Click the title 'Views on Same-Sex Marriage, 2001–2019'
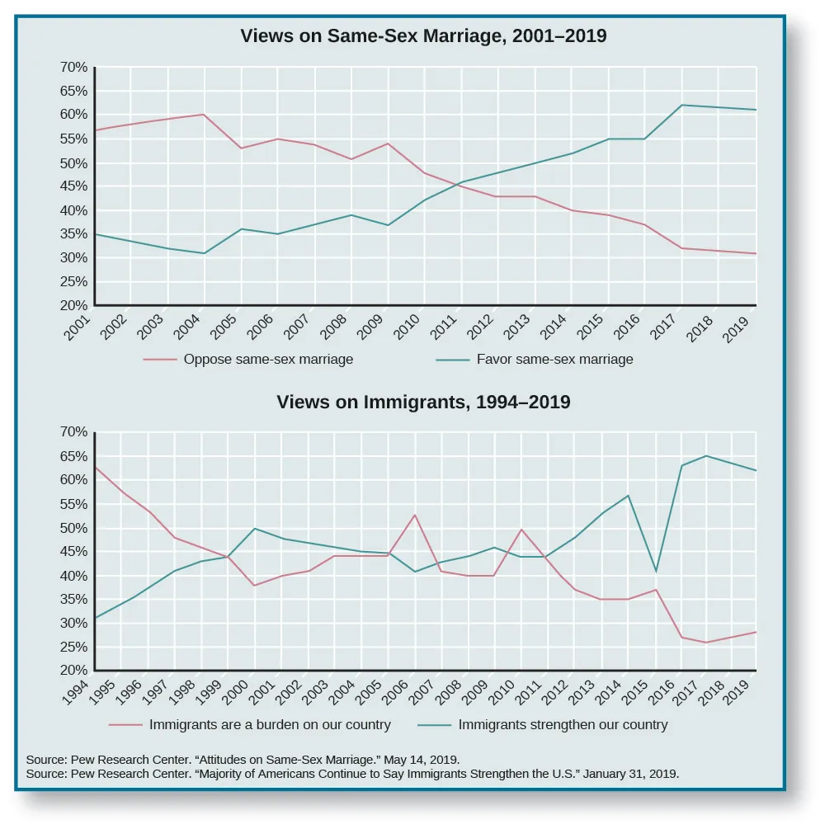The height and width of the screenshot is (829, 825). (423, 36)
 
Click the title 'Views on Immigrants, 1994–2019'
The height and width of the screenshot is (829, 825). (423, 403)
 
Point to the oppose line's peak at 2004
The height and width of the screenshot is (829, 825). (205, 115)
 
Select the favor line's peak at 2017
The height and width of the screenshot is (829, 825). (682, 105)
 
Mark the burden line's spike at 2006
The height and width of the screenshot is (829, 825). (414, 515)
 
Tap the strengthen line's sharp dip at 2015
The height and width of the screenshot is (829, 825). (656, 571)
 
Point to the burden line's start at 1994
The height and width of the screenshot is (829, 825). (96, 467)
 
